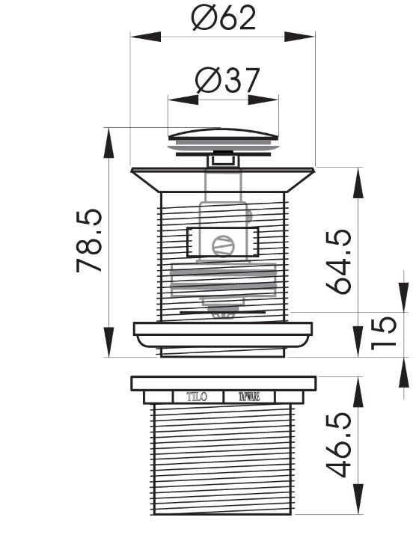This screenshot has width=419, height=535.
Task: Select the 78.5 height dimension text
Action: pyautogui.click(x=89, y=241)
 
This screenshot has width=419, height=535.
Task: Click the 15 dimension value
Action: pyautogui.click(x=382, y=334)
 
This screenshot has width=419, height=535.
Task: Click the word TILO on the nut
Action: pyautogui.click(x=198, y=397)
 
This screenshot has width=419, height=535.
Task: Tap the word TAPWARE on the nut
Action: pyautogui.click(x=249, y=397)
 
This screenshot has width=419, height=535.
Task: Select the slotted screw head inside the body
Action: pyautogui.click(x=222, y=244)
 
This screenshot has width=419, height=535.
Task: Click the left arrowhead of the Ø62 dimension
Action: pyautogui.click(x=136, y=34)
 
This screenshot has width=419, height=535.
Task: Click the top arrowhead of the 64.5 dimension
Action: pyautogui.click(x=357, y=173)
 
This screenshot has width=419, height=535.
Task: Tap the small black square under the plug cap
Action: pyautogui.click(x=222, y=158)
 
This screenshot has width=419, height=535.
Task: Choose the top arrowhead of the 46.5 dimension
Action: pyautogui.click(x=357, y=381)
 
